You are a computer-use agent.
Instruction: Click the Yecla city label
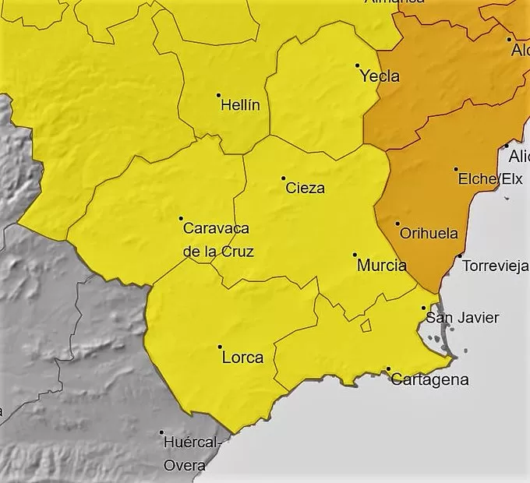click(x=380, y=76)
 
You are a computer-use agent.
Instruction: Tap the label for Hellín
click(x=240, y=105)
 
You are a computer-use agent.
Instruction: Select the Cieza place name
click(x=305, y=188)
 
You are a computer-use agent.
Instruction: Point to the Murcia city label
click(x=381, y=265)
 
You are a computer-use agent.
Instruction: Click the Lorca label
click(x=242, y=358)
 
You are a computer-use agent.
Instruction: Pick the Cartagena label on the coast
click(x=429, y=380)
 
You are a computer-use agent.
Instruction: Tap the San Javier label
click(x=461, y=318)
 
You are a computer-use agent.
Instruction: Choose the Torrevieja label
click(x=495, y=266)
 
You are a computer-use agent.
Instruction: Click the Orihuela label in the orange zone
click(x=428, y=233)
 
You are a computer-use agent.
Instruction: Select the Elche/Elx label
click(x=489, y=179)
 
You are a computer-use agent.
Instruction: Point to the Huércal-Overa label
click(x=193, y=454)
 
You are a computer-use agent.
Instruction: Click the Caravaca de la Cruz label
click(x=217, y=240)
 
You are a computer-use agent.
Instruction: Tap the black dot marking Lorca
click(x=220, y=347)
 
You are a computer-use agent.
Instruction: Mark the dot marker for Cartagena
click(x=388, y=368)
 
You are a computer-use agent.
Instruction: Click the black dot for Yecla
click(x=357, y=65)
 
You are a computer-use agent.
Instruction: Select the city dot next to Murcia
click(x=355, y=255)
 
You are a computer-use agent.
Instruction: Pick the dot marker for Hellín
click(x=218, y=95)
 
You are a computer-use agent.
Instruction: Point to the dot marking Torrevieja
click(x=460, y=256)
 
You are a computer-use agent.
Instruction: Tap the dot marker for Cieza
click(x=283, y=178)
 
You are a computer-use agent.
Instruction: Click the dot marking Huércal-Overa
click(x=161, y=432)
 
